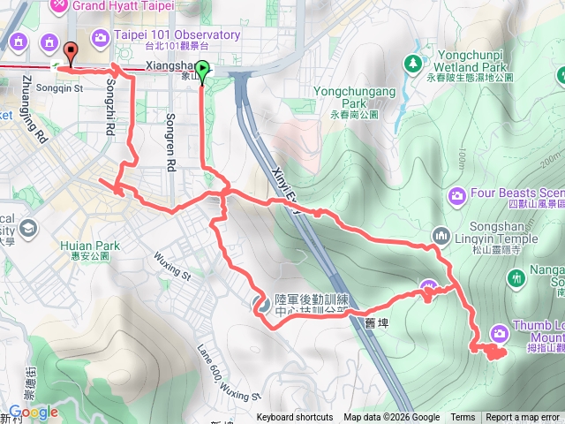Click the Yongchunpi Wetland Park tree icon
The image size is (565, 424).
(x=412, y=63)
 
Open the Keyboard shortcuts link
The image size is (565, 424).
(x=295, y=418)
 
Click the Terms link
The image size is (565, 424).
(x=463, y=418)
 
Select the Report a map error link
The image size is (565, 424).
(x=523, y=418)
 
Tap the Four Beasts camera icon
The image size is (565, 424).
(x=457, y=194)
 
